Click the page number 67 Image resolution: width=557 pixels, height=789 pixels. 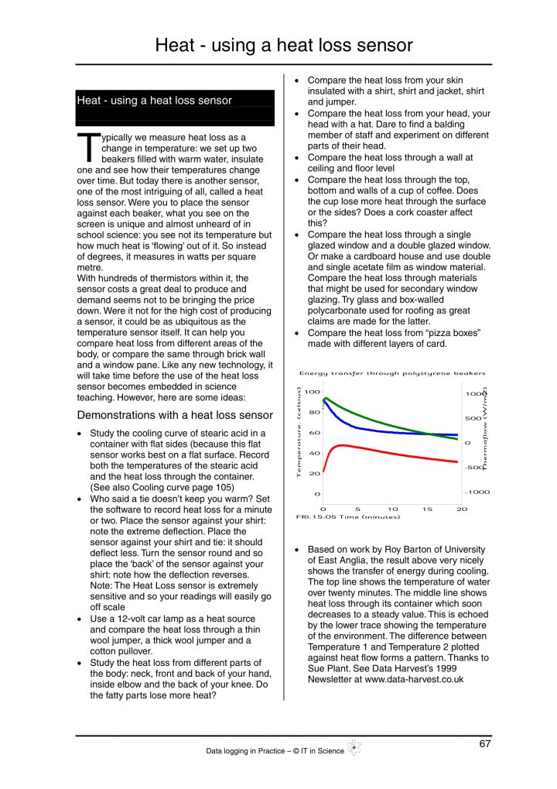[x=484, y=744]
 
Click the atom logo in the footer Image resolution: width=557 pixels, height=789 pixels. [x=354, y=748]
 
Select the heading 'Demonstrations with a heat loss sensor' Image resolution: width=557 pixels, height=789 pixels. [x=174, y=415]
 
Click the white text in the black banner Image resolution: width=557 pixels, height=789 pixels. [x=154, y=100]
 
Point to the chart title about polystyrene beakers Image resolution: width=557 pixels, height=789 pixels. [x=392, y=373]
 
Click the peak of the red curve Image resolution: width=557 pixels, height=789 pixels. [x=343, y=445]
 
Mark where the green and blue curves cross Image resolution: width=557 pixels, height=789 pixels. [x=430, y=434]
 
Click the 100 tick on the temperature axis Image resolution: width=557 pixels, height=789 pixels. [x=312, y=393]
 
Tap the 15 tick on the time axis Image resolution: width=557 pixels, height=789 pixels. [x=427, y=509]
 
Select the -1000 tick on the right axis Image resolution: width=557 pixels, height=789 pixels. [x=477, y=492]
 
